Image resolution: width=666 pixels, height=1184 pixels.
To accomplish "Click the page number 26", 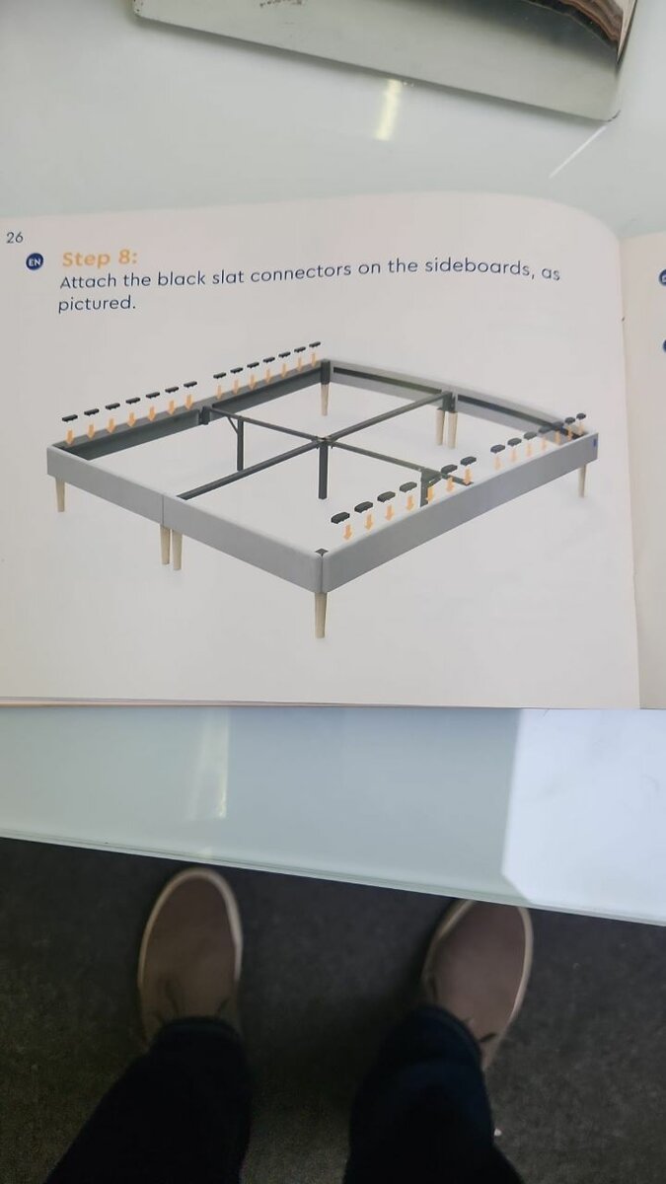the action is pos(15,238).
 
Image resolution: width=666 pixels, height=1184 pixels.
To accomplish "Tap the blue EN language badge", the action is pos(35,262).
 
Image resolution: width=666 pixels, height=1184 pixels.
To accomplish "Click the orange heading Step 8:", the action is pos(100,259).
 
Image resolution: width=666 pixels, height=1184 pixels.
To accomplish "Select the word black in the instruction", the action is pos(182,278).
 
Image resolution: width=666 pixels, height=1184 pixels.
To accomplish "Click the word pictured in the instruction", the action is pos(97,304).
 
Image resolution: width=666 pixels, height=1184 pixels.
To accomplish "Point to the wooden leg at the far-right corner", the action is pos(582,480).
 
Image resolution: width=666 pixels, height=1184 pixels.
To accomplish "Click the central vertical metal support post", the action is pos(323,469).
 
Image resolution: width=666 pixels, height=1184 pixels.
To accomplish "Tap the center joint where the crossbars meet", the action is pos(323,439).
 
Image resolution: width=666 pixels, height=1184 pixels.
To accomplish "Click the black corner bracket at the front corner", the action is pos(321,554).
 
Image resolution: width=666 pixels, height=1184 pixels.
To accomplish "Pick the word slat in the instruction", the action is pos(228,276).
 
